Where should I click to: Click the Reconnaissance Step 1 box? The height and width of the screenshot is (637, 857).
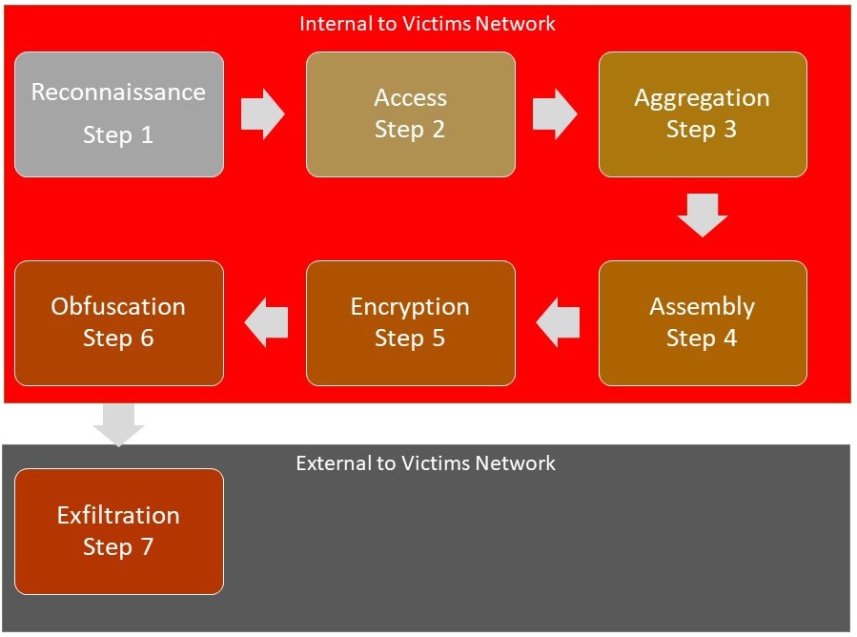click(x=119, y=114)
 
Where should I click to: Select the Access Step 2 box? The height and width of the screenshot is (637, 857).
click(x=410, y=114)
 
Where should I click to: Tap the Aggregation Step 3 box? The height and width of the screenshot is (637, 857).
click(x=703, y=114)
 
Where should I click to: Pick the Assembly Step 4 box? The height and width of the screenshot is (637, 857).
click(x=703, y=322)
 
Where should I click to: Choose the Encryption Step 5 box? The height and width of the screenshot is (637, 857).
click(x=410, y=322)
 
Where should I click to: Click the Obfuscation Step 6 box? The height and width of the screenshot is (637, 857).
click(x=119, y=322)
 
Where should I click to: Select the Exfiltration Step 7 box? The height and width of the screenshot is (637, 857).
click(x=119, y=531)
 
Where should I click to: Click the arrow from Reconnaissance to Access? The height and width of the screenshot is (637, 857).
click(x=262, y=114)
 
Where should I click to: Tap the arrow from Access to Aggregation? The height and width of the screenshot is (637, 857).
click(x=554, y=114)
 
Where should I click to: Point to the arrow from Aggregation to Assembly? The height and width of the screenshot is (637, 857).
click(x=703, y=216)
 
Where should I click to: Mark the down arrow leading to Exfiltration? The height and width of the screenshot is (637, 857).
click(x=119, y=424)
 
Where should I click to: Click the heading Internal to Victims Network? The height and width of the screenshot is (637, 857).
click(x=427, y=23)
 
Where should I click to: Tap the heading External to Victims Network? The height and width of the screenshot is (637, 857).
click(x=425, y=463)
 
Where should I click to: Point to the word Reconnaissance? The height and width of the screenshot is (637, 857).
click(x=118, y=92)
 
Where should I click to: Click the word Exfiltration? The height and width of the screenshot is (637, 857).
click(x=118, y=516)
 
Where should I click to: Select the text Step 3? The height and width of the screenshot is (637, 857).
click(x=702, y=130)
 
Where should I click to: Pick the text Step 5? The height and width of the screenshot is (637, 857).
click(x=410, y=339)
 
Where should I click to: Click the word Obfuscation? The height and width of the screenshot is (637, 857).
click(x=118, y=307)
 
